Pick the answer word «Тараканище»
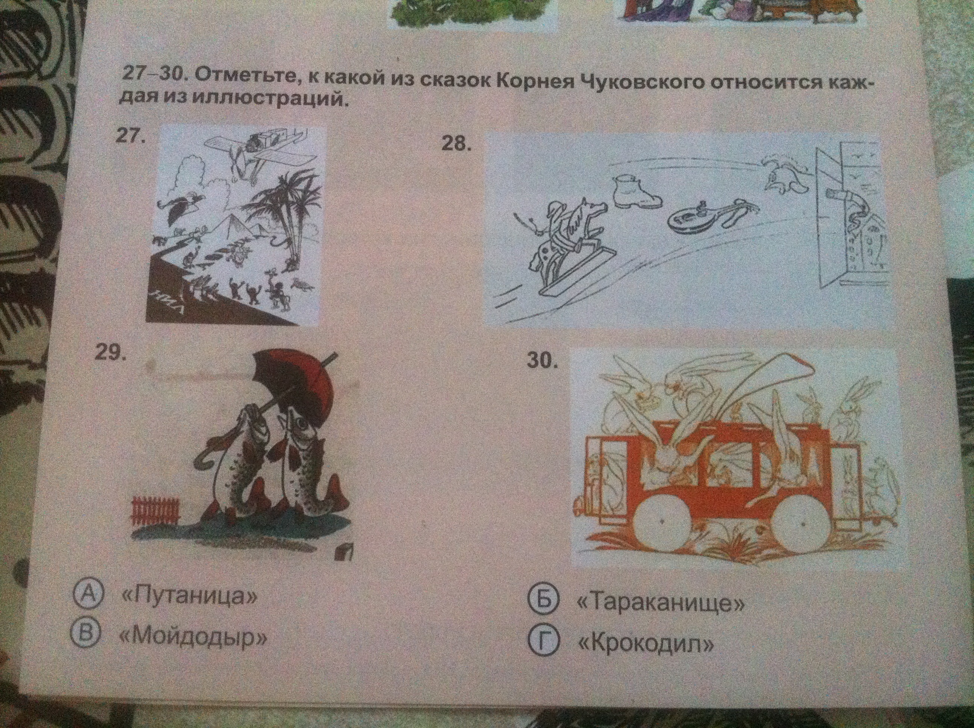tap(659, 603)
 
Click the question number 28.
tap(457, 145)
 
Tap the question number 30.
tap(543, 361)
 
